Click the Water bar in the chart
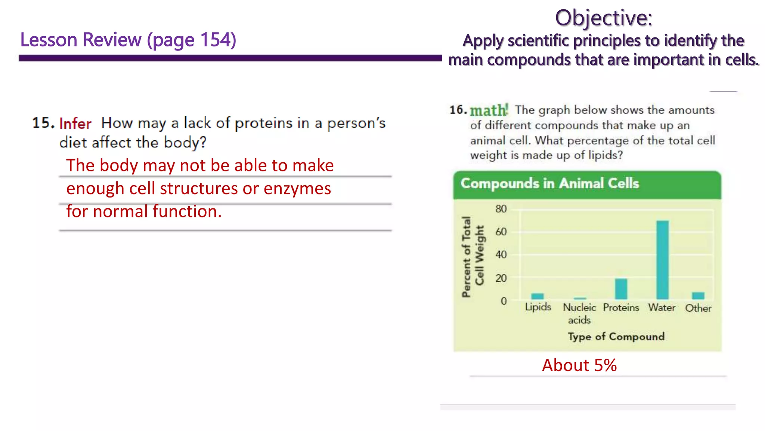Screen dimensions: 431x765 point(662,260)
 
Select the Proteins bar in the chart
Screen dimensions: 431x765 point(621,289)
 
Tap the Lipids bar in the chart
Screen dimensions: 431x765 point(538,296)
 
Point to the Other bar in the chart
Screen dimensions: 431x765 point(698,296)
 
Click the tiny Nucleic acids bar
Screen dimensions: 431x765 point(580,299)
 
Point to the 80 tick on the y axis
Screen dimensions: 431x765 point(501,209)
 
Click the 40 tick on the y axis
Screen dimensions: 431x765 point(501,255)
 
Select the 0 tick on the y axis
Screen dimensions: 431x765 point(504,301)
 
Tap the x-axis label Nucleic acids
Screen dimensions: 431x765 point(579,314)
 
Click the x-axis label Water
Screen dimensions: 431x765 point(662,308)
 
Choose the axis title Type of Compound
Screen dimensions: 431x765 point(616,336)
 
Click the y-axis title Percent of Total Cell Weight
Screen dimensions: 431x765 point(473,257)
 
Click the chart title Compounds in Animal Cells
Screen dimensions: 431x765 point(549,183)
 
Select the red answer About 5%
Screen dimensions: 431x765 point(579,365)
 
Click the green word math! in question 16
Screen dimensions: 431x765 point(489,110)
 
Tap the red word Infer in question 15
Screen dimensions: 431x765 point(75,123)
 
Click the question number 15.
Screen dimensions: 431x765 point(43,123)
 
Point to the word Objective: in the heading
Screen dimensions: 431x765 point(603,18)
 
